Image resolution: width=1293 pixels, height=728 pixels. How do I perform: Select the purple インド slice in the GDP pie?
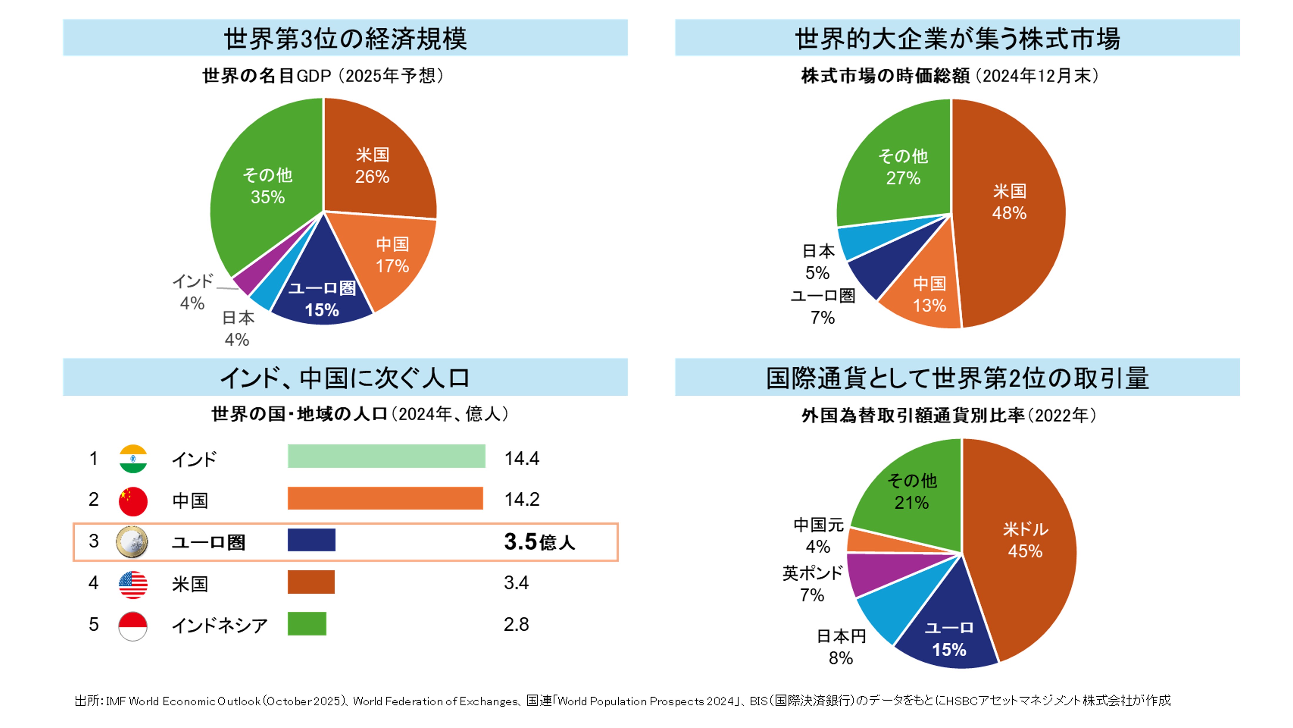pyautogui.click(x=243, y=282)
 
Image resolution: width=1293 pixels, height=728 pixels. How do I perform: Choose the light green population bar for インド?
pyautogui.click(x=386, y=456)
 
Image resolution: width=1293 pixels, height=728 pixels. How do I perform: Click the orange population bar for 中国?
pyautogui.click(x=385, y=498)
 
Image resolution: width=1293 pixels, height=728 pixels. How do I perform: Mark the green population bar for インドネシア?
pyautogui.click(x=307, y=624)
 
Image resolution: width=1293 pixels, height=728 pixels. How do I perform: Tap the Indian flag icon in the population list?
pyautogui.click(x=133, y=459)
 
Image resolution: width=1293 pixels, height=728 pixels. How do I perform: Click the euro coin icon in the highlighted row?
pyautogui.click(x=132, y=542)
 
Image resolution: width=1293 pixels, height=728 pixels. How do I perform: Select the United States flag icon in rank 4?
pyautogui.click(x=133, y=584)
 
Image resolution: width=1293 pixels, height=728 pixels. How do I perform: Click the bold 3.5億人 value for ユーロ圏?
pyautogui.click(x=539, y=542)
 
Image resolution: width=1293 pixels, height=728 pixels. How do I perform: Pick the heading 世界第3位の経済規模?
pyautogui.click(x=345, y=39)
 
